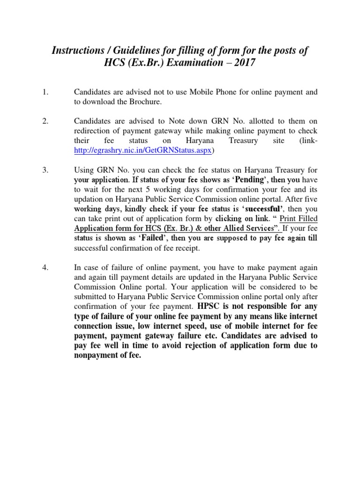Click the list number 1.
point(45,92)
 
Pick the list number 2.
point(45,121)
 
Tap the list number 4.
point(45,267)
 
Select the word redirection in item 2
point(95,131)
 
